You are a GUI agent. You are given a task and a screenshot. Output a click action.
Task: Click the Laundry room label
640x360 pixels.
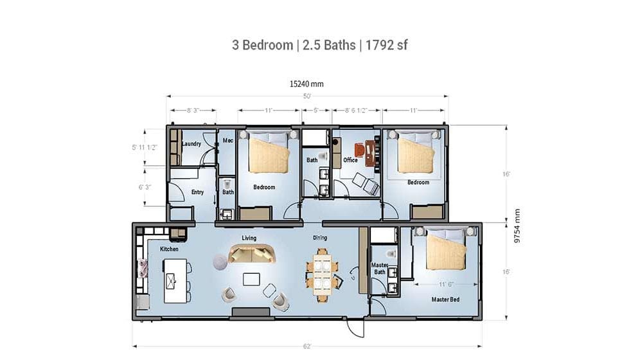click(191, 143)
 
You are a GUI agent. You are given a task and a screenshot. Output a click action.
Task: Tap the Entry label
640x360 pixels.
click(197, 192)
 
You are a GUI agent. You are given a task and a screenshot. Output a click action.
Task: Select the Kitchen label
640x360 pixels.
click(169, 249)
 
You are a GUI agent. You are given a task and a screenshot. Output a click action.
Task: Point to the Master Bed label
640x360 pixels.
click(445, 299)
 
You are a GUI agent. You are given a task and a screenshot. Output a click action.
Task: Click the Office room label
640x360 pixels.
click(350, 160)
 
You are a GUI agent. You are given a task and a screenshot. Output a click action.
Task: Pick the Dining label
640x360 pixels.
click(320, 238)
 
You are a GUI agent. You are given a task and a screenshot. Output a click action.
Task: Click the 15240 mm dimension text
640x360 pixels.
click(307, 84)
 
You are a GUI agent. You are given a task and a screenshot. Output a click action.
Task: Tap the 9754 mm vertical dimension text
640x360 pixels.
click(517, 226)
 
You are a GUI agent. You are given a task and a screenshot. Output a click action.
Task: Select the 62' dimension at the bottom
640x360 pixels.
click(307, 346)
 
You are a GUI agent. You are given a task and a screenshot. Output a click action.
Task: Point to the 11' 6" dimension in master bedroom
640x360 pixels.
click(447, 284)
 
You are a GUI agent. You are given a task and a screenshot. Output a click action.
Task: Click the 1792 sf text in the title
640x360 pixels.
click(386, 45)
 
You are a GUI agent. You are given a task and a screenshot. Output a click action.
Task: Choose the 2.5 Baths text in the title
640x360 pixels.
click(329, 45)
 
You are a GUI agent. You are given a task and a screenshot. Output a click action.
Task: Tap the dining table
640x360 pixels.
click(323, 274)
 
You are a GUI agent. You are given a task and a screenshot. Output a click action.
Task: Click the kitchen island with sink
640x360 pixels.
click(175, 281)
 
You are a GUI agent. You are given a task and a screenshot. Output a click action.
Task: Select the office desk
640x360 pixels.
click(369, 153)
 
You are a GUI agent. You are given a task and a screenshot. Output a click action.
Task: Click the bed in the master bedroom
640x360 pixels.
click(446, 249)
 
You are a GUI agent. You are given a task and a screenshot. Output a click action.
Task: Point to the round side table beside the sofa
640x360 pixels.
click(220, 262)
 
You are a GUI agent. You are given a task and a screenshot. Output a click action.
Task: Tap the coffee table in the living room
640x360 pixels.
click(251, 279)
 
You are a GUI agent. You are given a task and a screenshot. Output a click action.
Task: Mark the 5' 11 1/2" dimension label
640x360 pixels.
click(145, 147)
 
